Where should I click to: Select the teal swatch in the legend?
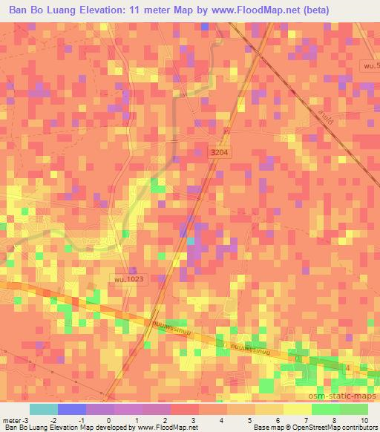click(x=43, y=410)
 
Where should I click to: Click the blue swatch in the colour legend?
click(x=71, y=410)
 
